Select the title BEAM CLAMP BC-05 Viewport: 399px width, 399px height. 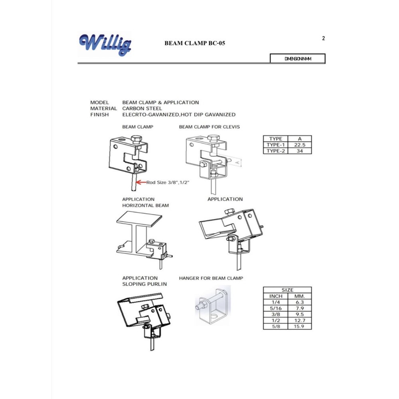[195, 43]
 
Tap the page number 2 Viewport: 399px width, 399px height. [324, 38]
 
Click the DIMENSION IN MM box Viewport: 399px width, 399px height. [298, 59]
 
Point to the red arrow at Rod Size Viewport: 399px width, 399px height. [141, 182]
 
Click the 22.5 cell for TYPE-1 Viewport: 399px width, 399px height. [300, 145]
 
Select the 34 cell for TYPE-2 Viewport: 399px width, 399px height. [300, 151]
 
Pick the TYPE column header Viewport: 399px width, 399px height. [276, 139]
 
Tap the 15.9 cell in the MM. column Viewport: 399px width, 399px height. [300, 326]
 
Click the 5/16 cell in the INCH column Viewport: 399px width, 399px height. [276, 308]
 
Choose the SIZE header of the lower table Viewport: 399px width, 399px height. [287, 290]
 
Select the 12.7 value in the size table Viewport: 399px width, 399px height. [300, 320]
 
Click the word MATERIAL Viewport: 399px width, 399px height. [103, 109]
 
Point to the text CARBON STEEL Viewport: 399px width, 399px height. [142, 109]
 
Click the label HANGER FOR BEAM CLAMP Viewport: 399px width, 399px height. [211, 278]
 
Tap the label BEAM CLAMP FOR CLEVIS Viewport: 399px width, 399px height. [209, 127]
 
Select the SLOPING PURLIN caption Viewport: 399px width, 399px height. [144, 284]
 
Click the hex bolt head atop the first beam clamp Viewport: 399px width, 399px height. [136, 139]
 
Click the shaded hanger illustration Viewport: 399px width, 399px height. [213, 305]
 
